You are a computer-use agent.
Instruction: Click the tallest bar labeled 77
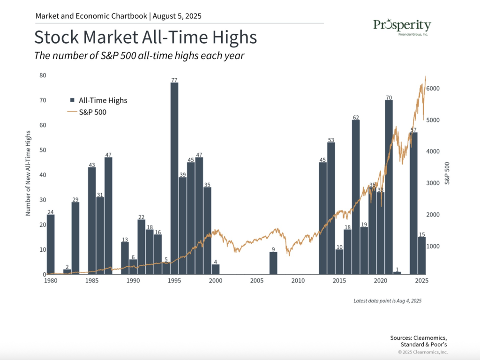174,178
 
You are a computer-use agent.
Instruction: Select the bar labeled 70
389,187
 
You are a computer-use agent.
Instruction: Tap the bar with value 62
356,197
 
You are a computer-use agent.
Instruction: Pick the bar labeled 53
331,208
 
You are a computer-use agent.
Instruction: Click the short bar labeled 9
273,263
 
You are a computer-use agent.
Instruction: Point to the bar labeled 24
51,244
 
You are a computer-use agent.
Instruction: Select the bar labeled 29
75,238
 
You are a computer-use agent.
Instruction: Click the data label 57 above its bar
413,130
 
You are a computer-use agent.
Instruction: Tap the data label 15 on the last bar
422,234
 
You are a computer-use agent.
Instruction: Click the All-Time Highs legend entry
98,100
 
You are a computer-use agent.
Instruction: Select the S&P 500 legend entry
87,112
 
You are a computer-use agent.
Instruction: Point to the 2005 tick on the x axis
257,281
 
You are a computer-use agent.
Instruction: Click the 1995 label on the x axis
174,281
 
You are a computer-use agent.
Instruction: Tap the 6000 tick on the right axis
433,89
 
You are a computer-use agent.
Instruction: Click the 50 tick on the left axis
43,150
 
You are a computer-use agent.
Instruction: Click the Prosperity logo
402,27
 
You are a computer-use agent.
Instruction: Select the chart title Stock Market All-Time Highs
145,37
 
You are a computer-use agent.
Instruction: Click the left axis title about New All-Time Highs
28,173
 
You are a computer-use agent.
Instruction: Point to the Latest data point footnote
388,301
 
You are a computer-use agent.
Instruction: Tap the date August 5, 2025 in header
177,16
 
